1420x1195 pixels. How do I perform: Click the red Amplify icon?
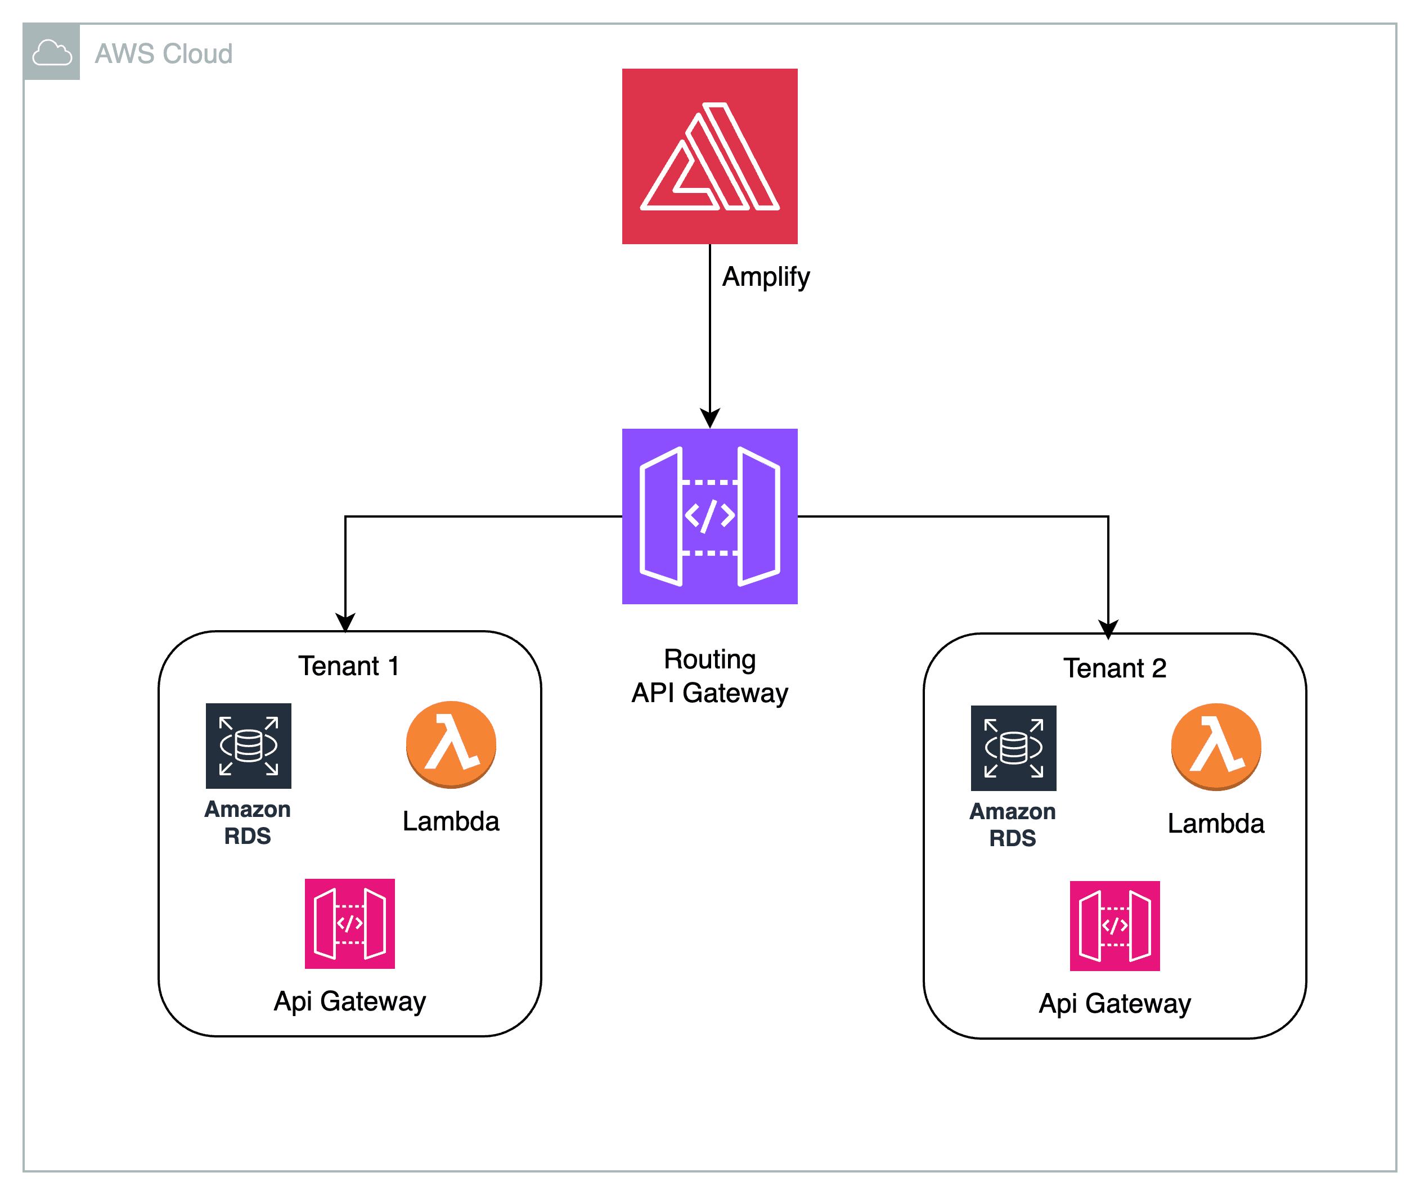click(709, 156)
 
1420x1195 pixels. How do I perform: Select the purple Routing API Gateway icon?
click(709, 516)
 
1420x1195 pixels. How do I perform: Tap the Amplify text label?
click(766, 276)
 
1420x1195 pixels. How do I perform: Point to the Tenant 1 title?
click(348, 666)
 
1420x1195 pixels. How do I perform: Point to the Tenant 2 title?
click(1115, 668)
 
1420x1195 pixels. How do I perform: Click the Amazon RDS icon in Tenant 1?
click(249, 745)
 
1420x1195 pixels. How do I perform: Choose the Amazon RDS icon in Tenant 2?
click(1013, 748)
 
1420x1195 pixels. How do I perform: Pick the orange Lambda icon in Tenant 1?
click(451, 744)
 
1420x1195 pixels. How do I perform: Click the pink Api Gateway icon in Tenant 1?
click(349, 923)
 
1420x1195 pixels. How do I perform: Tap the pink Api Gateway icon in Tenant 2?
click(1115, 926)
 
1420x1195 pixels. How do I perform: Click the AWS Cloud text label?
click(163, 53)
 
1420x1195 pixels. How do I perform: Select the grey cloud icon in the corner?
click(52, 52)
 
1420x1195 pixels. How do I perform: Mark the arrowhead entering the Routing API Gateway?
click(709, 419)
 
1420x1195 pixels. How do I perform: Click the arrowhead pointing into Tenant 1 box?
click(345, 622)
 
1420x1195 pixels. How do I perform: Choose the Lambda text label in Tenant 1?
click(451, 821)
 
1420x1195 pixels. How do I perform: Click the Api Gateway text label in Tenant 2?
click(1115, 1003)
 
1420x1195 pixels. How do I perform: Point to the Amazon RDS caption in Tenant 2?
click(1012, 824)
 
